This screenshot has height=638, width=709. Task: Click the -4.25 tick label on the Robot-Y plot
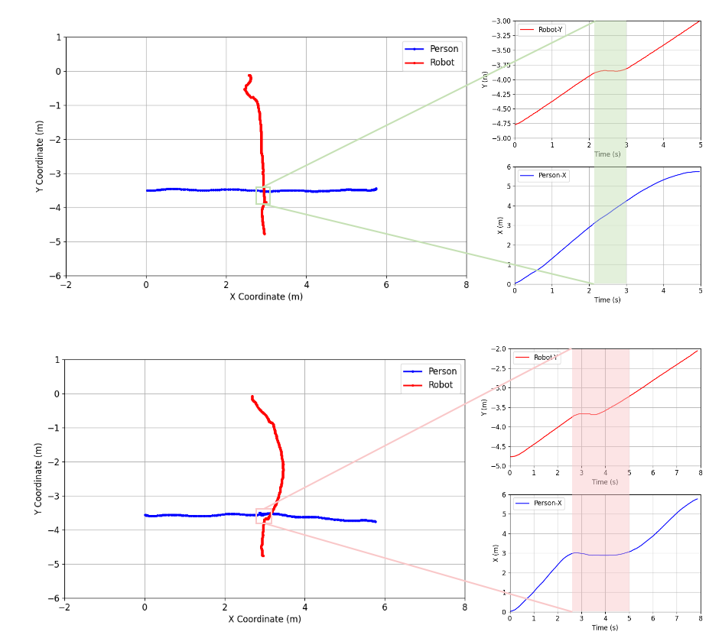501,94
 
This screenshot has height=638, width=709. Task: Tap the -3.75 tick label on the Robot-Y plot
501,65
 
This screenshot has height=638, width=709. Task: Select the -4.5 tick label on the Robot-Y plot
501,108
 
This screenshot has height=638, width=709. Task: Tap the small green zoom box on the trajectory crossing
262,196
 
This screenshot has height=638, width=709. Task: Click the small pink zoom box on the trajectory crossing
263,516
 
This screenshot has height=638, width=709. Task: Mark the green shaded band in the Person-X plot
610,225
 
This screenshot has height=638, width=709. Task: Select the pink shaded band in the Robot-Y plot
600,406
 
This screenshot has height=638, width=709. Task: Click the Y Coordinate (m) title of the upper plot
39,156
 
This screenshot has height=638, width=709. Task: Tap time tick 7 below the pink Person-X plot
676,617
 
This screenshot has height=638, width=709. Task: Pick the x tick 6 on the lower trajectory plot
385,608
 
